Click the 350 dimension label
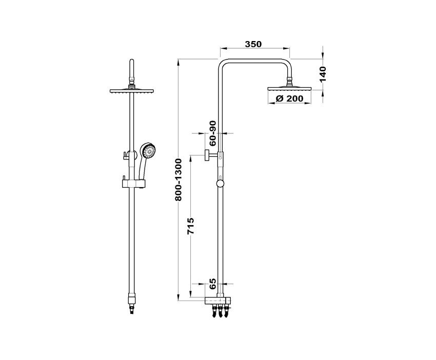point(253,44)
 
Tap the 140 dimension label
point(323,74)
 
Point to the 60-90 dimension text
point(212,133)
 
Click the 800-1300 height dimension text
point(178,179)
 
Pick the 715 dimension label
point(191,226)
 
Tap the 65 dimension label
point(212,284)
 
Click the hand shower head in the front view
point(148,150)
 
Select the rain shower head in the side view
point(289,89)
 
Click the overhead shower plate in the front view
point(131,91)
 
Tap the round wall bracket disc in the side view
point(207,155)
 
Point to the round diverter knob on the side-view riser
point(220,184)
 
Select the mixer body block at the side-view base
point(218,301)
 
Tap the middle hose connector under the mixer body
point(220,311)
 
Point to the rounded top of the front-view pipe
point(132,62)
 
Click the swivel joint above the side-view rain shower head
point(290,82)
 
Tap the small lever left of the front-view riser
point(124,155)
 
